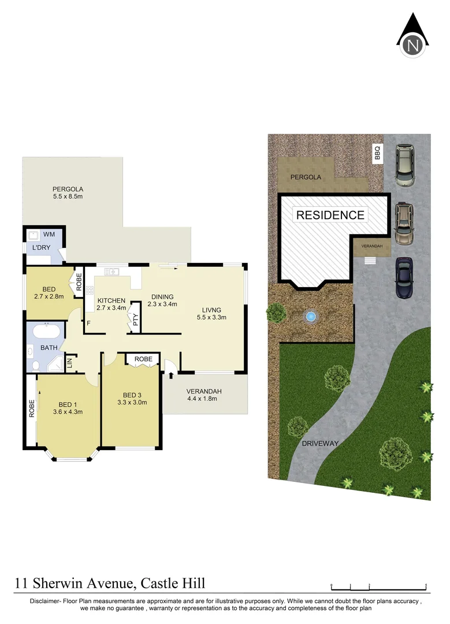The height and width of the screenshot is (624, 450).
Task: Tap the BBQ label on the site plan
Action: (x=378, y=154)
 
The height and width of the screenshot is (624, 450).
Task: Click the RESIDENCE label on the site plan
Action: (x=330, y=215)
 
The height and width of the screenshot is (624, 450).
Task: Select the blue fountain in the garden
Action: (x=311, y=317)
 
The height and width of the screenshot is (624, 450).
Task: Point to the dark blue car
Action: (x=404, y=278)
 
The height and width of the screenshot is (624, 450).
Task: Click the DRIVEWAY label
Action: (x=319, y=444)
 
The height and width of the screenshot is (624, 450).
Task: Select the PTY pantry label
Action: (x=135, y=320)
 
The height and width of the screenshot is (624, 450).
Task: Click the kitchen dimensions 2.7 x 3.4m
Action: (x=111, y=309)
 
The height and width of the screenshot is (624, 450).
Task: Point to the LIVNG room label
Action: (x=211, y=309)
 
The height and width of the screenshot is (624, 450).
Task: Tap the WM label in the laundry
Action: (x=49, y=234)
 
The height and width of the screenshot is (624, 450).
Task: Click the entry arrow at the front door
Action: (x=172, y=376)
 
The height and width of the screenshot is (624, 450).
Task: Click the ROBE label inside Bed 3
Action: (x=144, y=359)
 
